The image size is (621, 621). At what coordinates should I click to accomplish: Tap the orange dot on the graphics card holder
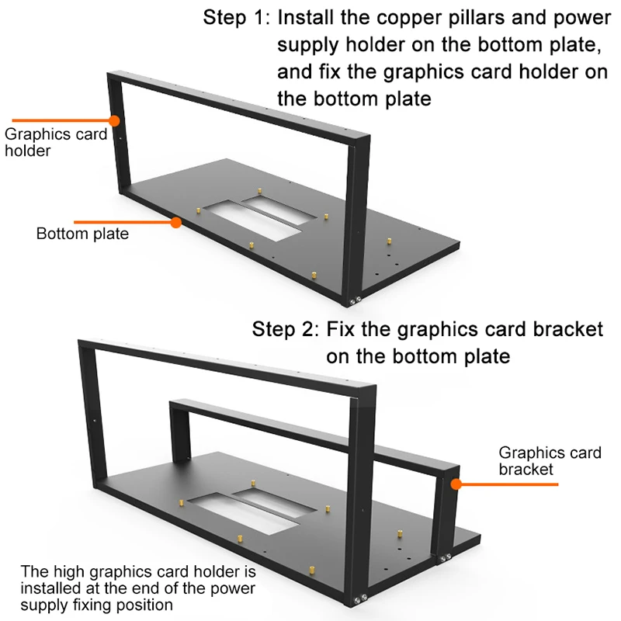114,120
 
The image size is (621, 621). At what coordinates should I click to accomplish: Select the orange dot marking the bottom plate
176,222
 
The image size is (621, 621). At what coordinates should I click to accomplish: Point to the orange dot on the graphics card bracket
457,484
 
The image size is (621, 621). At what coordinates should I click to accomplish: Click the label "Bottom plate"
82,234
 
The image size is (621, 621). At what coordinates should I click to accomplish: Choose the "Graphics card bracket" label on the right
550,460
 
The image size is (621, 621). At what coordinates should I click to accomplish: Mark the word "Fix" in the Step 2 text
344,328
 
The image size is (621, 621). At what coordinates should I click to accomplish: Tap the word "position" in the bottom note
145,605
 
